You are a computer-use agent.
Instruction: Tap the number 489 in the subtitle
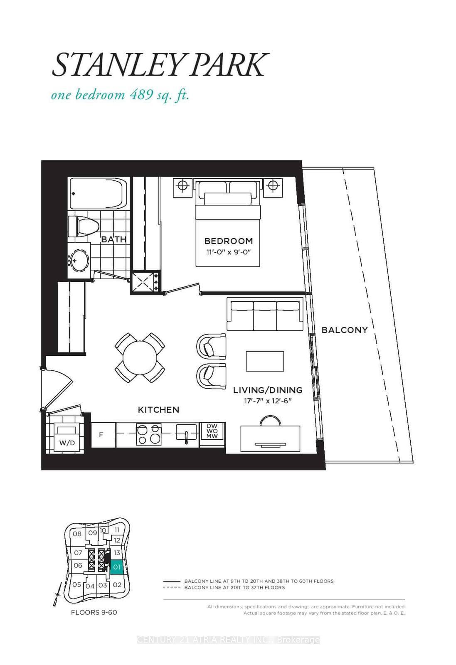pyautogui.click(x=139, y=95)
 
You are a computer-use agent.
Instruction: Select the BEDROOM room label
pyautogui.click(x=228, y=241)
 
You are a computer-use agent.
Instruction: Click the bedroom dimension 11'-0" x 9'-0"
pyautogui.click(x=228, y=252)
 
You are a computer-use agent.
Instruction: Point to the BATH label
pyautogui.click(x=113, y=239)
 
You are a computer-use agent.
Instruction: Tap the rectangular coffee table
pyautogui.click(x=265, y=361)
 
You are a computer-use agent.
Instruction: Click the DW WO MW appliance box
pyautogui.click(x=212, y=431)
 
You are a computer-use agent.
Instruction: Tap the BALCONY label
pyautogui.click(x=345, y=330)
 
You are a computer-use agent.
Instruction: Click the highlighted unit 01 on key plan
pyautogui.click(x=117, y=567)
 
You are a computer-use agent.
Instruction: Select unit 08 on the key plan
pyautogui.click(x=77, y=534)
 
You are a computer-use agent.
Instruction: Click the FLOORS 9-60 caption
pyautogui.click(x=94, y=613)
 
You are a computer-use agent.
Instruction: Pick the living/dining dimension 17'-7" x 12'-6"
pyautogui.click(x=268, y=401)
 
